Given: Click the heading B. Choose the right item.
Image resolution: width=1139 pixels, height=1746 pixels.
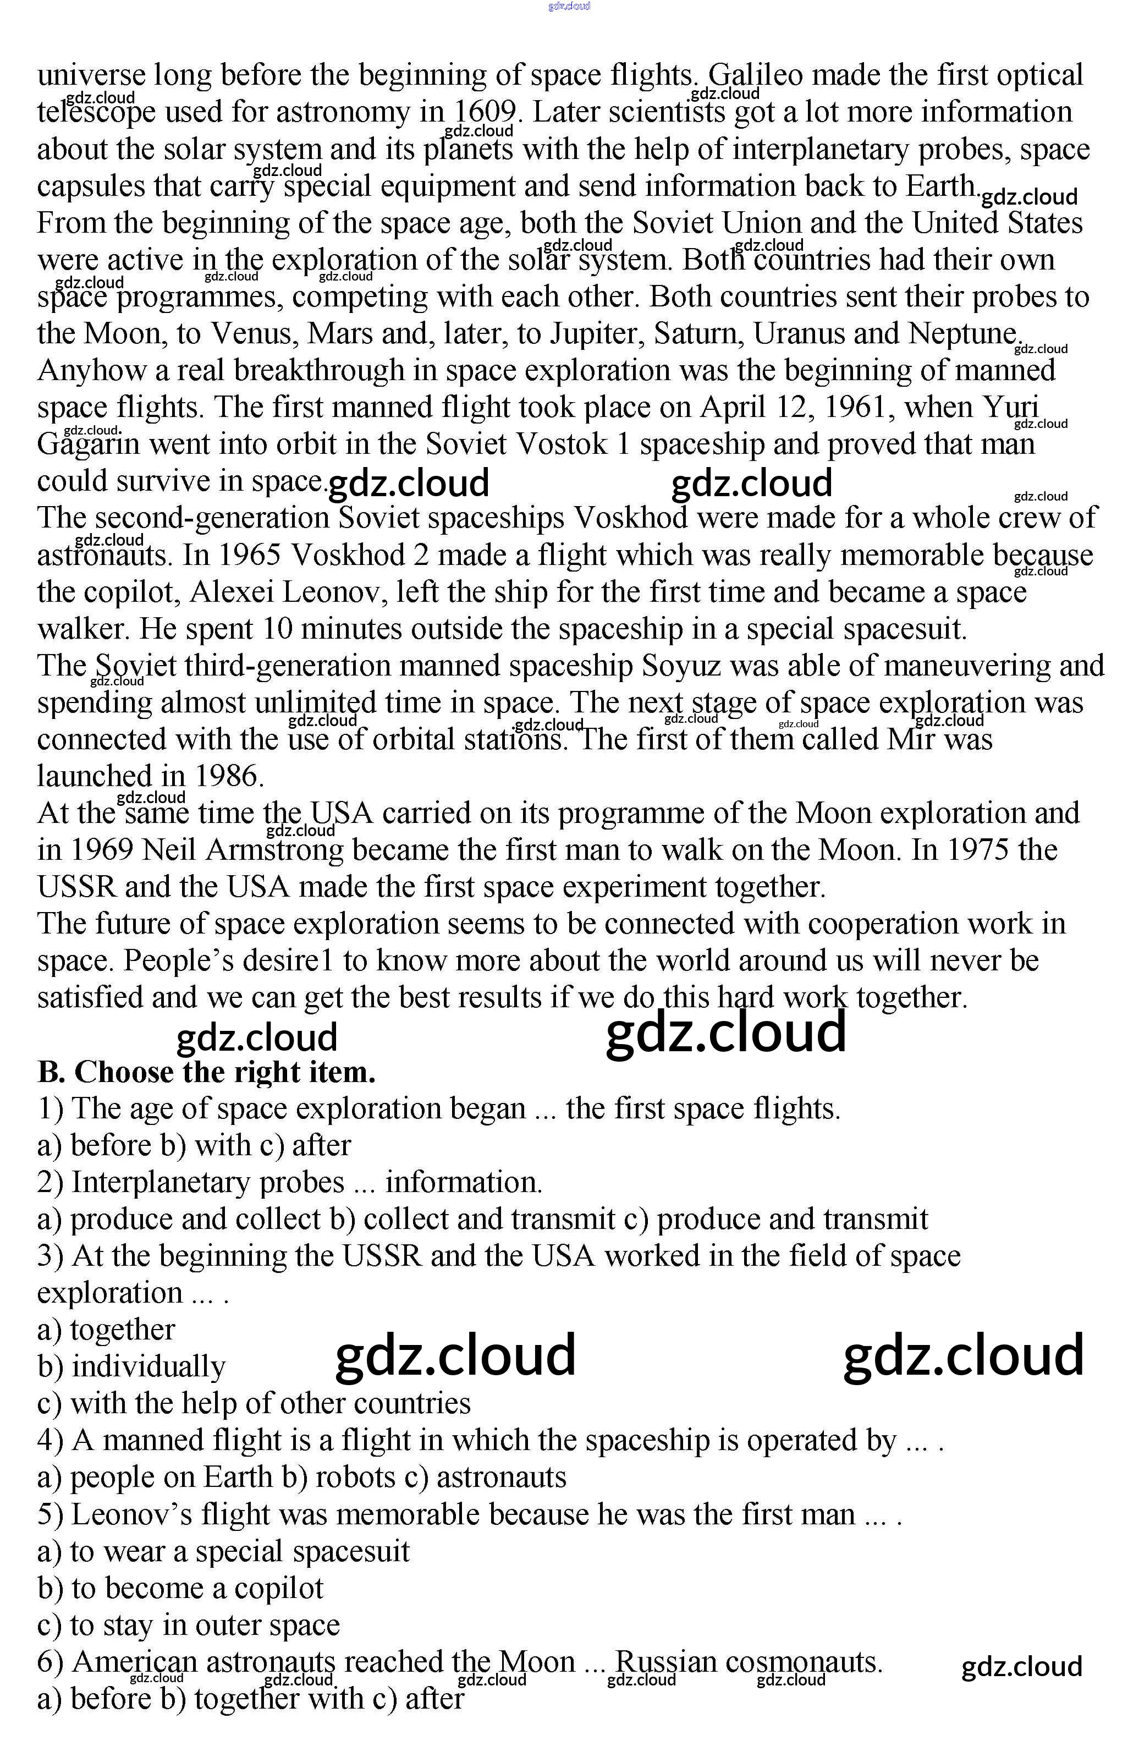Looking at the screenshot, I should tap(206, 1072).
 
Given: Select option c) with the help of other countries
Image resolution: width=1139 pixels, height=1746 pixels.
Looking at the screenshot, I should tap(254, 1403).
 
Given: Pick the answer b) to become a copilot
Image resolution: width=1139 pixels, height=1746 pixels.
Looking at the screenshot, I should tap(180, 1588).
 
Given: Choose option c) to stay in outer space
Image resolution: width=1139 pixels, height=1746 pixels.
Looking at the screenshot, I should tap(189, 1625).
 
